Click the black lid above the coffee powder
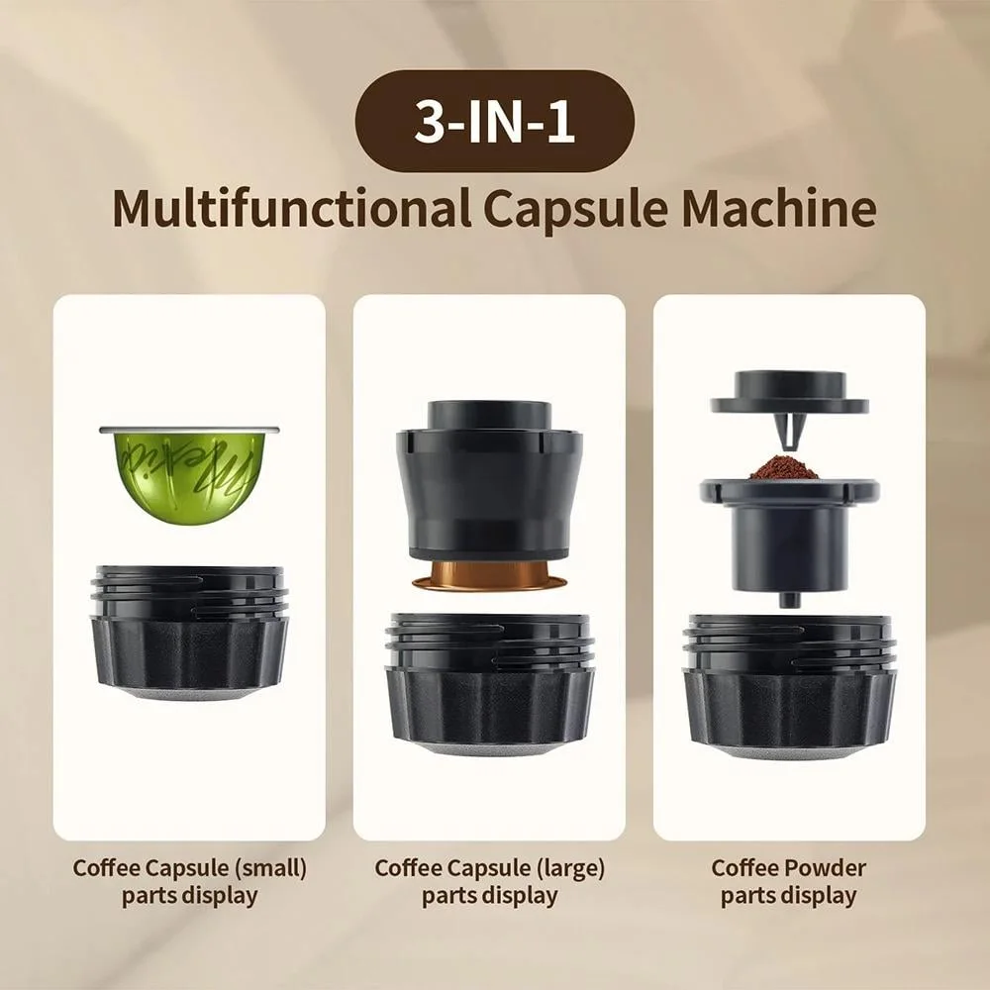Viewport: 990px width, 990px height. [789, 391]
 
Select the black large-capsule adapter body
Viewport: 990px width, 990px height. [488, 485]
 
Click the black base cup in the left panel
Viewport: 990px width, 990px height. [189, 634]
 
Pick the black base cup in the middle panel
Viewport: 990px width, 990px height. [490, 683]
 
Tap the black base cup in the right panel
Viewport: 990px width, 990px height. [789, 683]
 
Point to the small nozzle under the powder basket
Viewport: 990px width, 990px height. [789, 598]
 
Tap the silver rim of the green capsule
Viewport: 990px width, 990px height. [188, 430]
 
